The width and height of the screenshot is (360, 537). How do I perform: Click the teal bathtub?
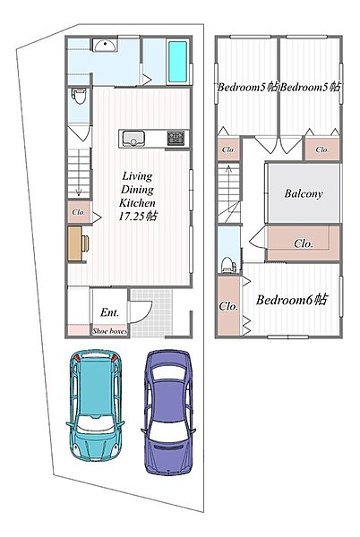[177, 62]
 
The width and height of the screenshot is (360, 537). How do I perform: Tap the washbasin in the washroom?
[105, 46]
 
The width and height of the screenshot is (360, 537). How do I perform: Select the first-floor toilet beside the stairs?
[79, 97]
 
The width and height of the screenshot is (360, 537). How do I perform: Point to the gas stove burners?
[176, 138]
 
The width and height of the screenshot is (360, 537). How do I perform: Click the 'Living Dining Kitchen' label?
[137, 190]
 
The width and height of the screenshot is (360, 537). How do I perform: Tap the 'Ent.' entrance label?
[109, 312]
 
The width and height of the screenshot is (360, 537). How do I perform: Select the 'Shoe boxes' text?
[109, 331]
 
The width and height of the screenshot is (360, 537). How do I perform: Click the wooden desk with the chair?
[79, 243]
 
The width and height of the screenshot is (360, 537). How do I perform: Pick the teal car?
[95, 405]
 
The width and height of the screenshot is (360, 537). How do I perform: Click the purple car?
[168, 412]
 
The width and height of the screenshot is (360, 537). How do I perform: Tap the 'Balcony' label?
[304, 193]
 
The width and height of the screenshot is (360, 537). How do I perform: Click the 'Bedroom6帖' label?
[292, 300]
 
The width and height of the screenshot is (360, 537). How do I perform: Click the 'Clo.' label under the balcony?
[304, 243]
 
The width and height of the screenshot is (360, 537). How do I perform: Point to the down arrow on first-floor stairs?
[79, 173]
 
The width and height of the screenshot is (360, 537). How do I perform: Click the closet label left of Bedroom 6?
[228, 305]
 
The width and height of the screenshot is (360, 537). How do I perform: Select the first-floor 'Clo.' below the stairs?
[79, 212]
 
